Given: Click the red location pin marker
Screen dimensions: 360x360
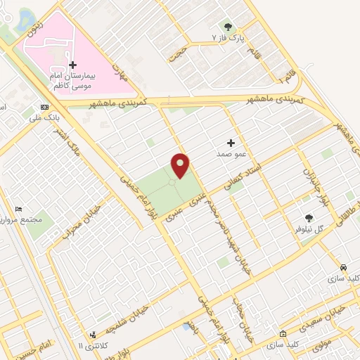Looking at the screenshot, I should pos(181,165).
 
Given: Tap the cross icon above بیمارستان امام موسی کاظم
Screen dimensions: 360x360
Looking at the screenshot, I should pos(72,64).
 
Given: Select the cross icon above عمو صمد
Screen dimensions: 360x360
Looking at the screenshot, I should pos(231,142).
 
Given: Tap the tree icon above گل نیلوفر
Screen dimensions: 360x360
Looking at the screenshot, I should pos(308,219).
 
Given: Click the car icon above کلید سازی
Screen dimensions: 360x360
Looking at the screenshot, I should pos(342,268).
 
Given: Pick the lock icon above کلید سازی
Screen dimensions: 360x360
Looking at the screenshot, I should pos(283,334).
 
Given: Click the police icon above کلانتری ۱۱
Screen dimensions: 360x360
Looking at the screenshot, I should pos(92,335).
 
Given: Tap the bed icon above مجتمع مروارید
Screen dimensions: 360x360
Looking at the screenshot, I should pos(19,210).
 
